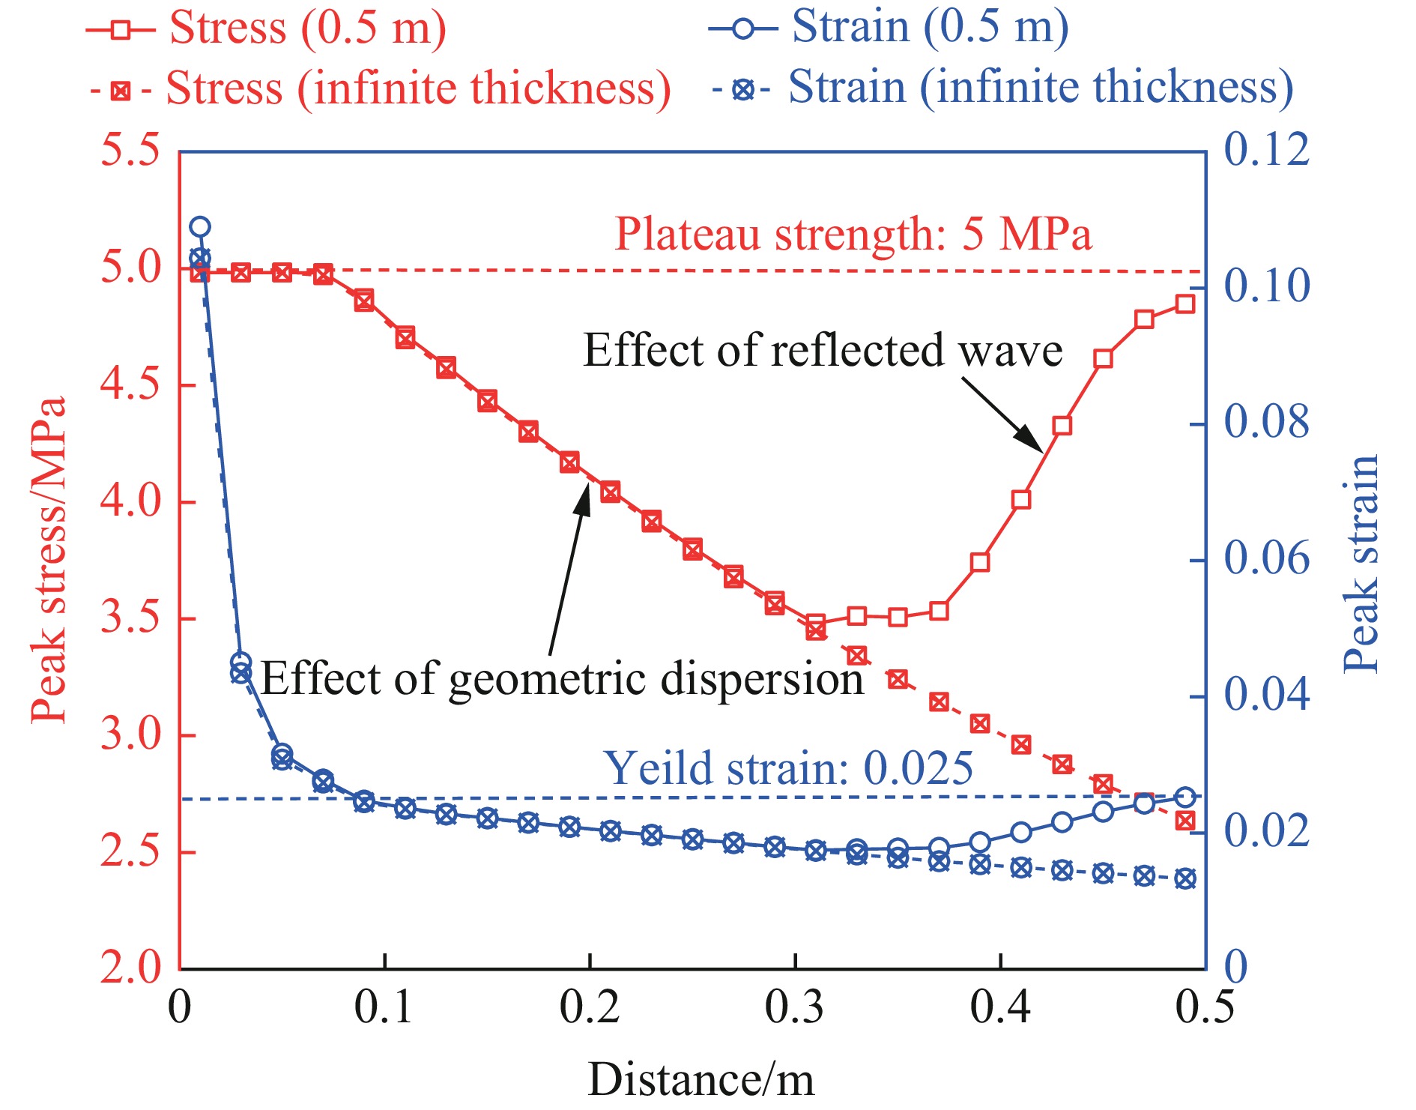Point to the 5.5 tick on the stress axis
[130, 150]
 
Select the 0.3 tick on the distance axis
[794, 1006]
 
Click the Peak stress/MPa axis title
[48, 559]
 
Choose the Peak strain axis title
[1361, 564]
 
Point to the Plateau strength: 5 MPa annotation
[853, 234]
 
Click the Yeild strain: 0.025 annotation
[788, 768]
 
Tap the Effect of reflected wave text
[822, 350]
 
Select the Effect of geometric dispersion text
[562, 678]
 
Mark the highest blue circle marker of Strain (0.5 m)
[200, 226]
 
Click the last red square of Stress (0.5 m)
[1184, 304]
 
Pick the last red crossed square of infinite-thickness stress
[1184, 821]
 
